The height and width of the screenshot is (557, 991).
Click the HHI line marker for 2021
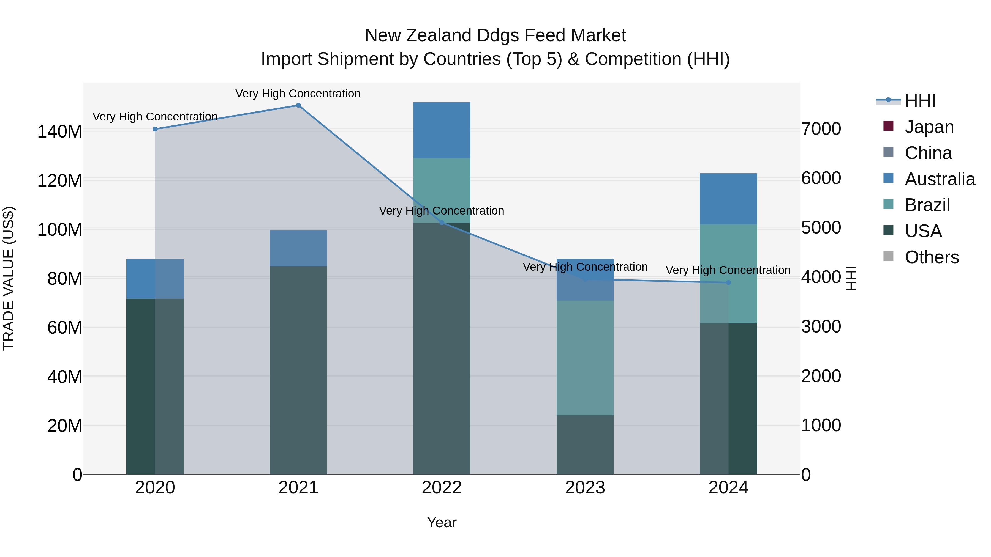pyautogui.click(x=298, y=105)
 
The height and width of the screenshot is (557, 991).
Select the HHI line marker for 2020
pyautogui.click(x=155, y=129)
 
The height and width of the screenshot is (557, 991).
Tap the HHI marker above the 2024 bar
pyautogui.click(x=728, y=282)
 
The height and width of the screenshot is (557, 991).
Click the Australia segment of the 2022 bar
pyautogui.click(x=442, y=130)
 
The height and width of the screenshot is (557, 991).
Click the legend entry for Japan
pyautogui.click(x=929, y=127)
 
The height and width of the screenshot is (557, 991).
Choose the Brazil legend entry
pyautogui.click(x=927, y=205)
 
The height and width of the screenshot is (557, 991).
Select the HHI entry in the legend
pyautogui.click(x=920, y=101)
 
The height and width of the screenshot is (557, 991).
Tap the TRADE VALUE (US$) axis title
pyautogui.click(x=9, y=278)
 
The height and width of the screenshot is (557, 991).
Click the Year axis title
pyautogui.click(x=442, y=522)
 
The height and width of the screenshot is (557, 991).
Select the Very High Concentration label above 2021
pyautogui.click(x=298, y=94)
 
